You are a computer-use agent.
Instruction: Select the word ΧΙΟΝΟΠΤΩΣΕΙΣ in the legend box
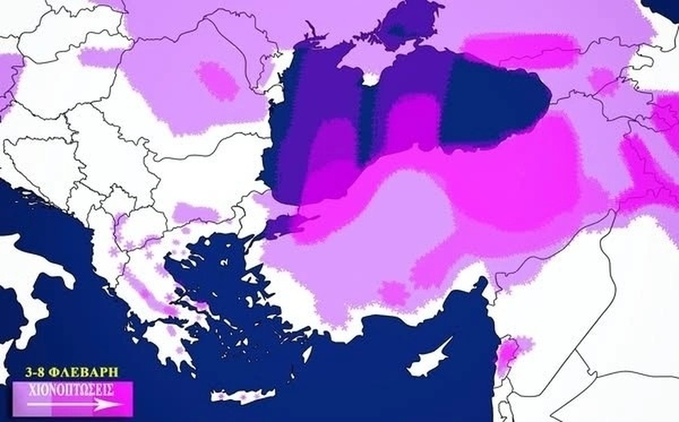[x=70, y=390]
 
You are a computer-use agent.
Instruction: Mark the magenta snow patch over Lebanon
[x=508, y=350]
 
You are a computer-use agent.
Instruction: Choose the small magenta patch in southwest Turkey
[x=392, y=292]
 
